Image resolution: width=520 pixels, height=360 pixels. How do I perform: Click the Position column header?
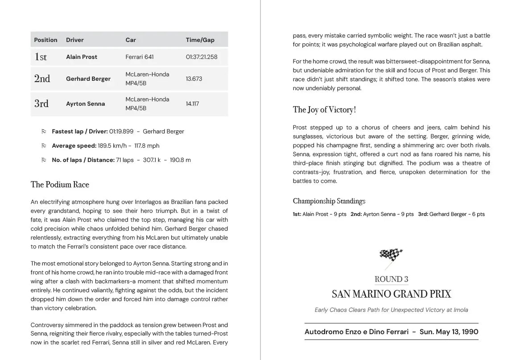coord(45,40)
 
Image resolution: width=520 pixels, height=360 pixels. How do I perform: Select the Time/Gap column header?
coord(200,40)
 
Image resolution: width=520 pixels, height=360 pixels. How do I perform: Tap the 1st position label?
coord(41,57)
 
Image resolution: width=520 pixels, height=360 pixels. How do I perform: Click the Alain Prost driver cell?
coord(82,57)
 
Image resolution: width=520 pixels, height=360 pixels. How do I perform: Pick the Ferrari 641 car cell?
coord(140,57)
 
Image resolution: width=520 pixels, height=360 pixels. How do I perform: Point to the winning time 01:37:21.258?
coord(202,57)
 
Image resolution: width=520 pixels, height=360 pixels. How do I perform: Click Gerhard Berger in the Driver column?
coord(88,79)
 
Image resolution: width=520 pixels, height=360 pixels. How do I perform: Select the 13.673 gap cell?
coord(194,79)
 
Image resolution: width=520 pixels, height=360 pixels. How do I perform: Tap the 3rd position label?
coord(41,103)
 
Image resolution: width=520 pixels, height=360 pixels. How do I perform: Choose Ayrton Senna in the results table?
coord(86,104)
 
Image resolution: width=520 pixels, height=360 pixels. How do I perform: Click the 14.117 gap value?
coord(193,104)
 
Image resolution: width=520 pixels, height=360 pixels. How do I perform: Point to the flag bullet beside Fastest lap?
coord(44,132)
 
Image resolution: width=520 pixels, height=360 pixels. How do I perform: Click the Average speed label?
coord(74,146)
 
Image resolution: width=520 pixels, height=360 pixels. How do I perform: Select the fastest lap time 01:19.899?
coord(121,132)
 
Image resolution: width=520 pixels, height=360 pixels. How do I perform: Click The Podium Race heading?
coord(60,185)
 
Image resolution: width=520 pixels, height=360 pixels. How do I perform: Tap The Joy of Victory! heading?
coord(324,110)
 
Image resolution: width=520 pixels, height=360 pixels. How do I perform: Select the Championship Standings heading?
coord(329,201)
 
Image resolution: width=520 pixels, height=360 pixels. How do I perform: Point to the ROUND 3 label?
coord(391,280)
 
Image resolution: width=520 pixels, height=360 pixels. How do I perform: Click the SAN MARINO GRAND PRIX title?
coord(391,294)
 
